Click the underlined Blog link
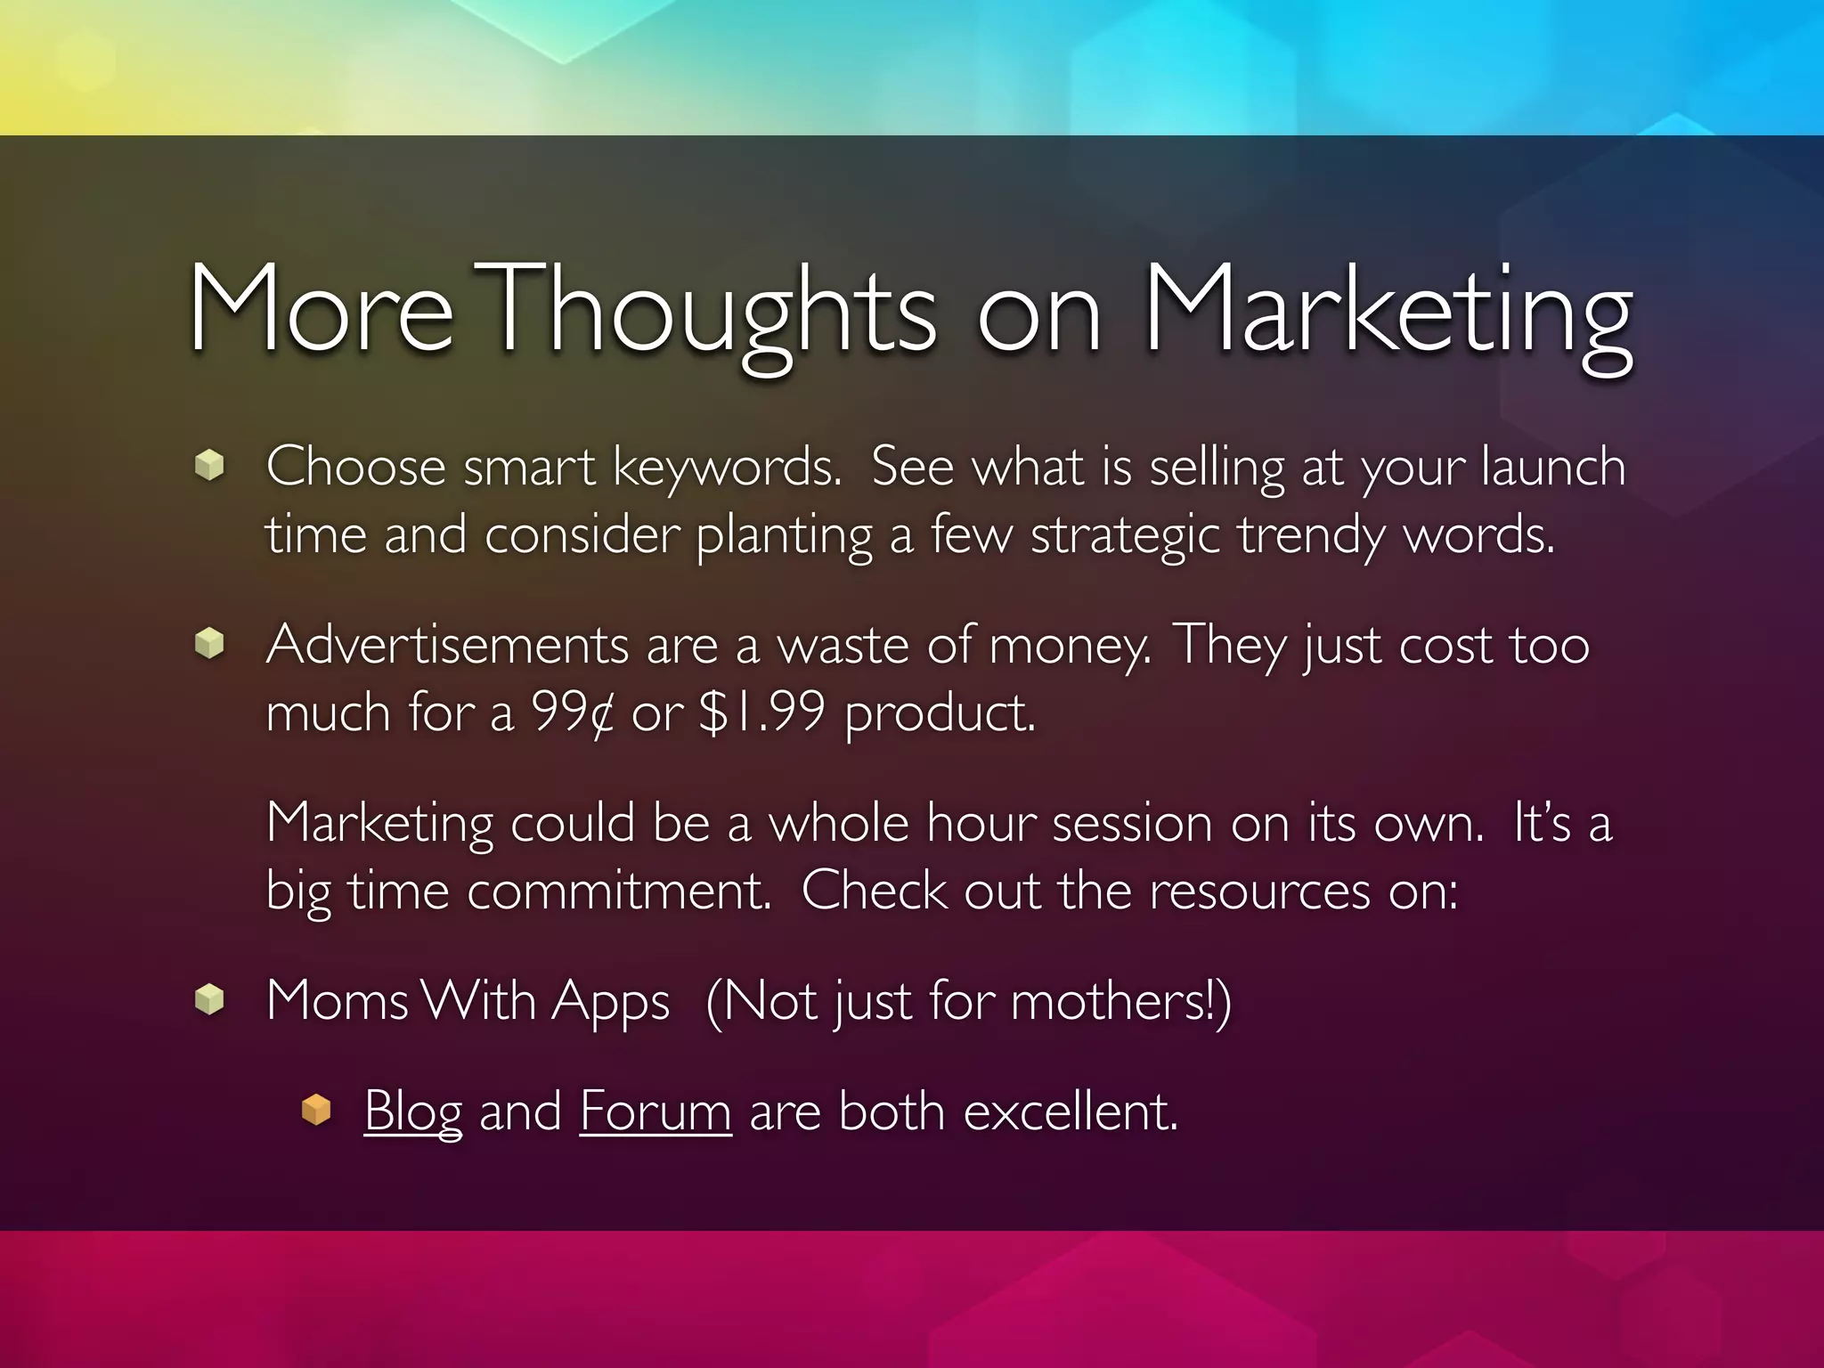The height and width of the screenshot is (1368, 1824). point(412,1111)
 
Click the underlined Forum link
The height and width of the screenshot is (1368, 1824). point(655,1111)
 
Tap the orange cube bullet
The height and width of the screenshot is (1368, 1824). point(316,1111)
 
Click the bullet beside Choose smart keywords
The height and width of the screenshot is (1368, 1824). point(209,465)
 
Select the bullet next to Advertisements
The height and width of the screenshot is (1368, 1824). point(209,643)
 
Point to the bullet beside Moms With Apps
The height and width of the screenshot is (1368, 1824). point(209,999)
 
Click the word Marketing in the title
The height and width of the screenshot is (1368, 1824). point(1388,312)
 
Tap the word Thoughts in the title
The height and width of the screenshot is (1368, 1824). point(712,312)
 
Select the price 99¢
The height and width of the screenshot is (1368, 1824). point(573,712)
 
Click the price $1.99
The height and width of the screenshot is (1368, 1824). point(762,712)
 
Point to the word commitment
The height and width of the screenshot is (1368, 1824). point(619,890)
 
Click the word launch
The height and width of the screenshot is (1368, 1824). point(1553,467)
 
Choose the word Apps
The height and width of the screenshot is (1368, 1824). point(610,1002)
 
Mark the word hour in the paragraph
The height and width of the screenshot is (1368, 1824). point(981,822)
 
